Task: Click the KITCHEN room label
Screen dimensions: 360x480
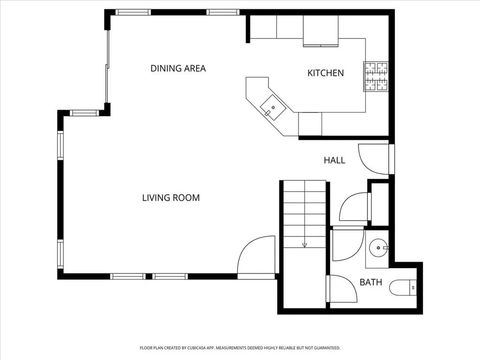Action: tap(325, 73)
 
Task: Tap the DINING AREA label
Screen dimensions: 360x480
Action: tap(178, 68)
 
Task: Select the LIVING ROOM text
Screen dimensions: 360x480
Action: tap(170, 198)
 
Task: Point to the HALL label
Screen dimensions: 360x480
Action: tap(334, 160)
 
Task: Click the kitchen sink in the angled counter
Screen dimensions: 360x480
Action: tap(271, 106)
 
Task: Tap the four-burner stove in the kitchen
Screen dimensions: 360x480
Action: tap(377, 76)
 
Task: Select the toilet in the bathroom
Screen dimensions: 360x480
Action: tap(401, 288)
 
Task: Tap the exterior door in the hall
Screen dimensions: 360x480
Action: tap(376, 157)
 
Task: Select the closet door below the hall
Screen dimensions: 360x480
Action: tap(353, 206)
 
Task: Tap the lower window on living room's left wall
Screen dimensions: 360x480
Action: tap(61, 254)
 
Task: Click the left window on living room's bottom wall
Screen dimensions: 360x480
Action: tap(127, 275)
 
